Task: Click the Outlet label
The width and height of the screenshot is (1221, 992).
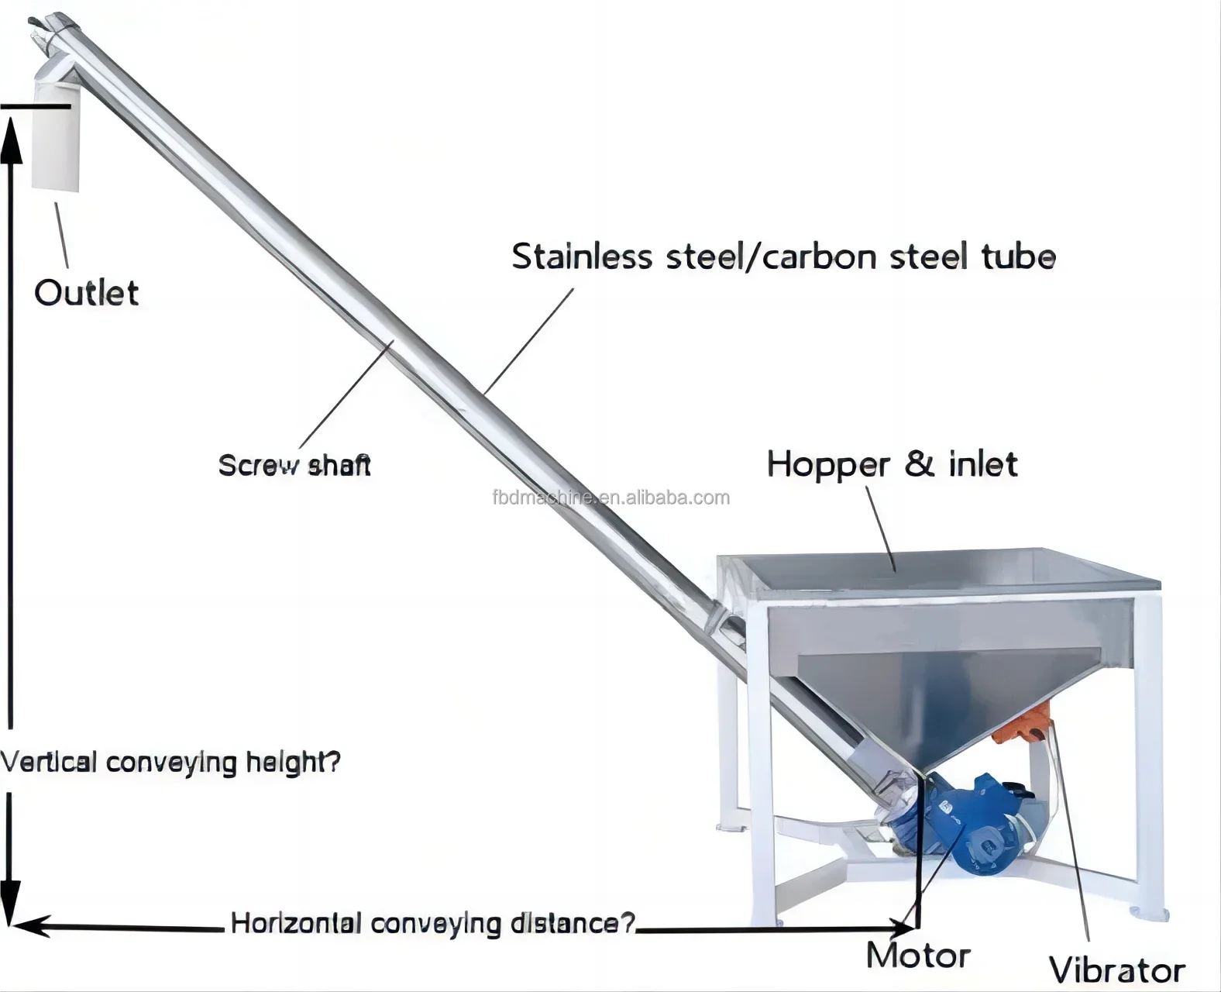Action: coord(86,293)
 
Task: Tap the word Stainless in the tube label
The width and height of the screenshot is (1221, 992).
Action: coord(581,257)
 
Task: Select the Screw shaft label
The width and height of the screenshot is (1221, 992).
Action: coord(294,465)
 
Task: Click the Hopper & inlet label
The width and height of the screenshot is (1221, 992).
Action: coord(891,464)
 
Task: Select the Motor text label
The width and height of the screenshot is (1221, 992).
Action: coord(918,956)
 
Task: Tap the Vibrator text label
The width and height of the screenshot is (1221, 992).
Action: coord(1116,970)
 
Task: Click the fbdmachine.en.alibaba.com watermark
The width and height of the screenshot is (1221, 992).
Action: coord(610,498)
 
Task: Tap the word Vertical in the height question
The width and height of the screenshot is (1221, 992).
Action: coord(49,762)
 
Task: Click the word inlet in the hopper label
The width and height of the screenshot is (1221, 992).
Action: coord(982,464)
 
